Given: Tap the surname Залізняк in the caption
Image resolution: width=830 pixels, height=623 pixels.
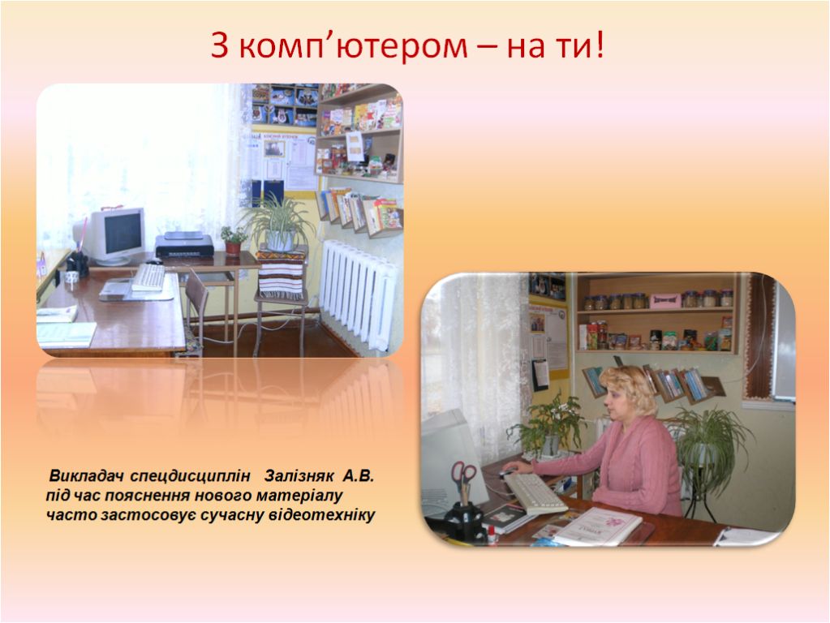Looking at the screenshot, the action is coord(299,476).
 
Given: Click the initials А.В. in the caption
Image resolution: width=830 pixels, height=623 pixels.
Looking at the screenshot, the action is coord(359,476).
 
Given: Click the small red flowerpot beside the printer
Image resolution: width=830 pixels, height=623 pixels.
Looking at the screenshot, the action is coord(233,247).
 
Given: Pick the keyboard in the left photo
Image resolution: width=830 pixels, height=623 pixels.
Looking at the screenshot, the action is coord(148,277).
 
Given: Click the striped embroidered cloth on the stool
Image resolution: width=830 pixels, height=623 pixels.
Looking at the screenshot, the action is coord(281,274).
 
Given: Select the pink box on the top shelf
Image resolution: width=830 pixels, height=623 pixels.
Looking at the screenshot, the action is coord(665,300).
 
